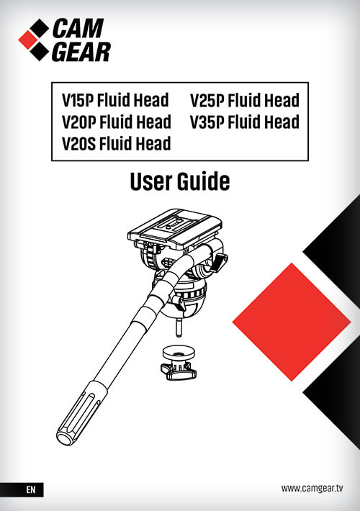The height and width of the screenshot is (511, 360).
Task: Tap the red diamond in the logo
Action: click(x=28, y=40)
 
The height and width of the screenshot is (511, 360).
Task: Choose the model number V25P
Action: click(x=207, y=100)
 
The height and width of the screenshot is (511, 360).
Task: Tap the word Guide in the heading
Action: click(x=204, y=181)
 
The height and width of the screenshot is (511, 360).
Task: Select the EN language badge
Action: click(x=30, y=489)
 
